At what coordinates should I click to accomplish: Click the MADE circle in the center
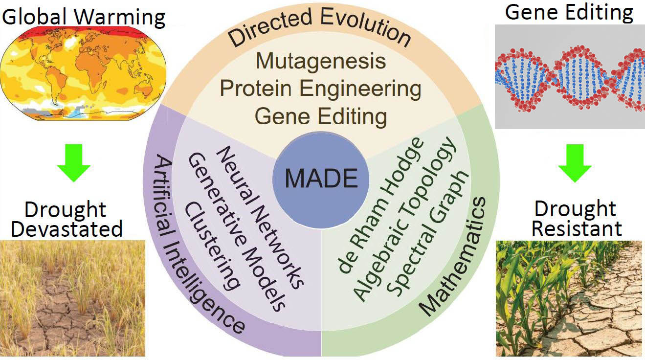pyautogui.click(x=321, y=179)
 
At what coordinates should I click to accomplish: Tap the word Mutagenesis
pyautogui.click(x=321, y=61)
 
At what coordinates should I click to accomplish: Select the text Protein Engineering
pyautogui.click(x=321, y=89)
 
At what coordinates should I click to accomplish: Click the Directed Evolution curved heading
pyautogui.click(x=320, y=29)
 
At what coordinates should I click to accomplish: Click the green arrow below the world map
pyautogui.click(x=73, y=166)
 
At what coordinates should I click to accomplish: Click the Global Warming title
pyautogui.click(x=84, y=17)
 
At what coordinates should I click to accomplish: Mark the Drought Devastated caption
pyautogui.click(x=66, y=220)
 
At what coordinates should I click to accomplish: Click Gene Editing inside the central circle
pyautogui.click(x=321, y=116)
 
